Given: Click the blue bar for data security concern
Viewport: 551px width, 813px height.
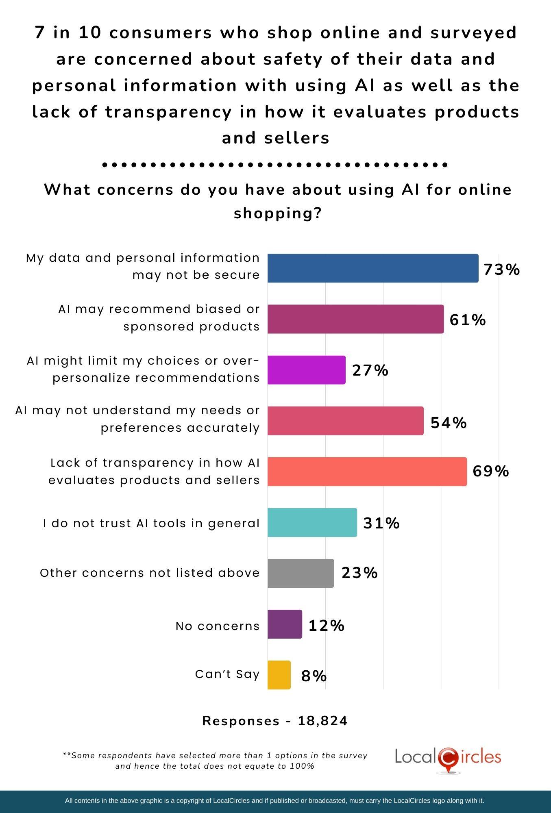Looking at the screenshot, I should (x=373, y=268).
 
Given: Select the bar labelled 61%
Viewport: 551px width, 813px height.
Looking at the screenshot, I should (x=355, y=319).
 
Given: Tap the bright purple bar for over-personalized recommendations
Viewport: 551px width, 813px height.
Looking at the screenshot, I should (x=306, y=370).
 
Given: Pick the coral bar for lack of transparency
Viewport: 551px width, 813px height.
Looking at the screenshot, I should (x=367, y=472).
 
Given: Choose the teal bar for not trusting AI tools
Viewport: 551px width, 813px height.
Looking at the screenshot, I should (x=312, y=522).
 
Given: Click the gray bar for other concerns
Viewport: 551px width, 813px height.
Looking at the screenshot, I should (x=301, y=573).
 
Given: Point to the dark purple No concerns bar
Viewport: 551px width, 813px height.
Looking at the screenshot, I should (x=285, y=624).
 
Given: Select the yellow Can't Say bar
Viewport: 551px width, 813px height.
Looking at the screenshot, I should (x=279, y=675).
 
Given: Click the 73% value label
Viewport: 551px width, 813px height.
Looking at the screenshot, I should (x=501, y=270).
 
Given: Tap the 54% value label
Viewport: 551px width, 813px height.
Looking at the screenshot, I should (x=449, y=423).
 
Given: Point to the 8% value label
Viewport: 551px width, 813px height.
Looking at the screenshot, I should (x=314, y=676).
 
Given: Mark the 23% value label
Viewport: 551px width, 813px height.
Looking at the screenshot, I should (x=359, y=573).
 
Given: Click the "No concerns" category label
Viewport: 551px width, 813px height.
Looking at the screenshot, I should (x=218, y=626).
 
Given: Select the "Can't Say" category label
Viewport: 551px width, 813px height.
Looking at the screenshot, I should (x=227, y=674).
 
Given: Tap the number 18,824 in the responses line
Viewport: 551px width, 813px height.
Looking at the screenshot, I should (x=322, y=721).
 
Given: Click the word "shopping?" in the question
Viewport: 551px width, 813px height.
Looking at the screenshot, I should (x=278, y=213).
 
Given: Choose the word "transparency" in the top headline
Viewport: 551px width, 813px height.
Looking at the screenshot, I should (x=168, y=112).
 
